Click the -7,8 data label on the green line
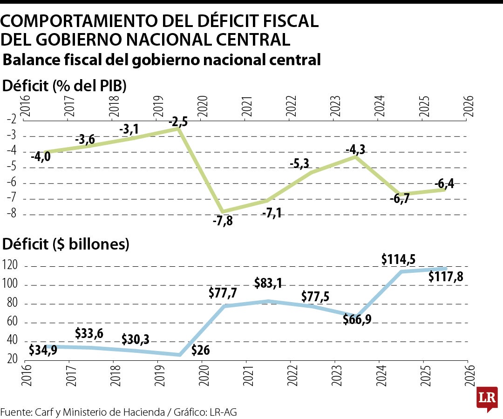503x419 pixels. point(223,221)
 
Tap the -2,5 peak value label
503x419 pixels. point(178,122)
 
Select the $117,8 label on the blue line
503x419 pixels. point(446,277)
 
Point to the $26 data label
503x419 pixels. point(200,350)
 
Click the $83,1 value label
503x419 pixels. point(268,283)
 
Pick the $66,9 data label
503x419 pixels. point(357,319)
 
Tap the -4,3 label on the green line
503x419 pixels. point(355,149)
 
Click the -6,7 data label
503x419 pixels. point(400,199)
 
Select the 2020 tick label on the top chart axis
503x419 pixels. point(203,107)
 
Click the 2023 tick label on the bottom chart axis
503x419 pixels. point(336,375)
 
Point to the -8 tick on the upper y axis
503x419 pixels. point(12,213)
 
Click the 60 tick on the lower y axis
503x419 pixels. point(12,321)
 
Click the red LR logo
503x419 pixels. point(487,399)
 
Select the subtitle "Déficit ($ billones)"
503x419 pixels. point(66,244)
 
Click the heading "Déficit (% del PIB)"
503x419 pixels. point(64,86)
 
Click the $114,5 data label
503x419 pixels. point(398,259)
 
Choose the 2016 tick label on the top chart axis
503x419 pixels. point(25,107)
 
